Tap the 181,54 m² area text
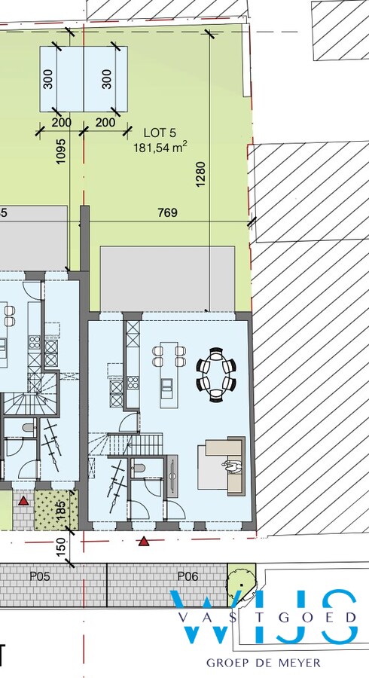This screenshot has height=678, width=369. coord(161,148)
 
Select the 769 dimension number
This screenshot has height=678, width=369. coord(168,213)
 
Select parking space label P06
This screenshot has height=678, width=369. coord(187,576)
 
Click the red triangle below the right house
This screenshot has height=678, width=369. coord(144,541)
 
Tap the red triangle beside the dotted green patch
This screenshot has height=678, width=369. coord(25,500)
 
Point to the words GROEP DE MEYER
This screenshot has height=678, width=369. coord(264,662)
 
